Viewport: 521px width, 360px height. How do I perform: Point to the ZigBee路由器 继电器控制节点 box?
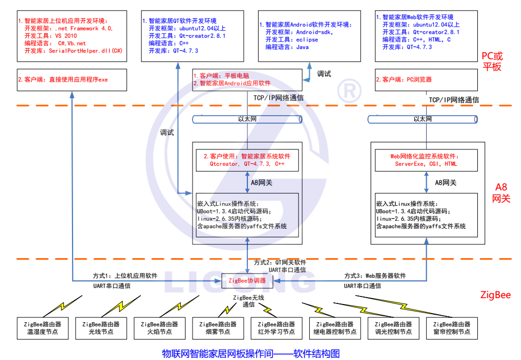pyautogui.click(x=335, y=327)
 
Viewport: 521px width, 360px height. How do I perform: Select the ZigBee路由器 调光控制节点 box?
pyautogui.click(x=394, y=327)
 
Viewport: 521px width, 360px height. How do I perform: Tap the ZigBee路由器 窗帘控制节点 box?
pyautogui.click(x=452, y=327)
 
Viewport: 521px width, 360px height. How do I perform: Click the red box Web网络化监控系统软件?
pyautogui.click(x=425, y=161)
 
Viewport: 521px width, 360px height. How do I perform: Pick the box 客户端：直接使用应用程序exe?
pyautogui.click(x=71, y=79)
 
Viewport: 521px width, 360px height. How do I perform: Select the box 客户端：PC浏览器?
pyautogui.click(x=425, y=79)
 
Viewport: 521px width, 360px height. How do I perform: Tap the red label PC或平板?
pyautogui.click(x=492, y=61)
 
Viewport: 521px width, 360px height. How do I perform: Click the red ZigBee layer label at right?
pyautogui.click(x=495, y=295)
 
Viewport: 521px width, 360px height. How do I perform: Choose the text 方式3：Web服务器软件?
pyautogui.click(x=374, y=276)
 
